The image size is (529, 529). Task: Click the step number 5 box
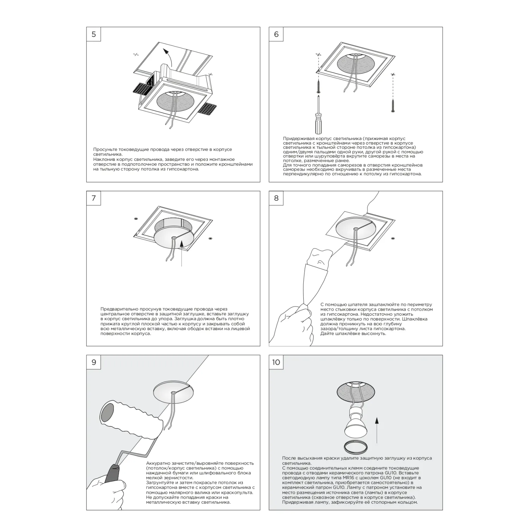click(x=93, y=34)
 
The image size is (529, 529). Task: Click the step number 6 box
click(x=276, y=34)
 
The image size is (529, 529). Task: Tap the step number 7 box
click(x=93, y=198)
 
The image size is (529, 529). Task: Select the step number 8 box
click(x=276, y=198)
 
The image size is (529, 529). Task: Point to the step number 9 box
click(x=93, y=362)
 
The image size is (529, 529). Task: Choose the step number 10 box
click(x=276, y=362)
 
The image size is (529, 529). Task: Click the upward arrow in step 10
click(x=377, y=430)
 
